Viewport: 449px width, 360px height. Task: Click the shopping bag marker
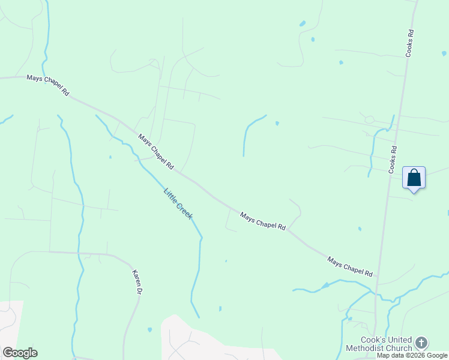[x=414, y=178]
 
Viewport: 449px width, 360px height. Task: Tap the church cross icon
[x=421, y=343]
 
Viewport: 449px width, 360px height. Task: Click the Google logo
[x=20, y=353]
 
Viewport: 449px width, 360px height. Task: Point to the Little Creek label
[x=178, y=203]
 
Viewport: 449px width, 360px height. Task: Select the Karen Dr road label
[x=136, y=281]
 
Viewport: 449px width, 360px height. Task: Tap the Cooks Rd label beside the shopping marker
[x=394, y=160]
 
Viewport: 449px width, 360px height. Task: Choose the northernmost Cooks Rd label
[x=409, y=44]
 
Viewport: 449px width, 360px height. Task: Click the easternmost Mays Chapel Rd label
[x=350, y=267]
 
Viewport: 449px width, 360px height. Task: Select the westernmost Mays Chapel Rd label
[x=48, y=85]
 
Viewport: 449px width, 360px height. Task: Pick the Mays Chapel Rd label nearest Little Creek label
[x=155, y=151]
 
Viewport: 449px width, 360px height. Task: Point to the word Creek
[x=184, y=212]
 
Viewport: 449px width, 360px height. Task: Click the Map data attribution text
[x=391, y=355]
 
